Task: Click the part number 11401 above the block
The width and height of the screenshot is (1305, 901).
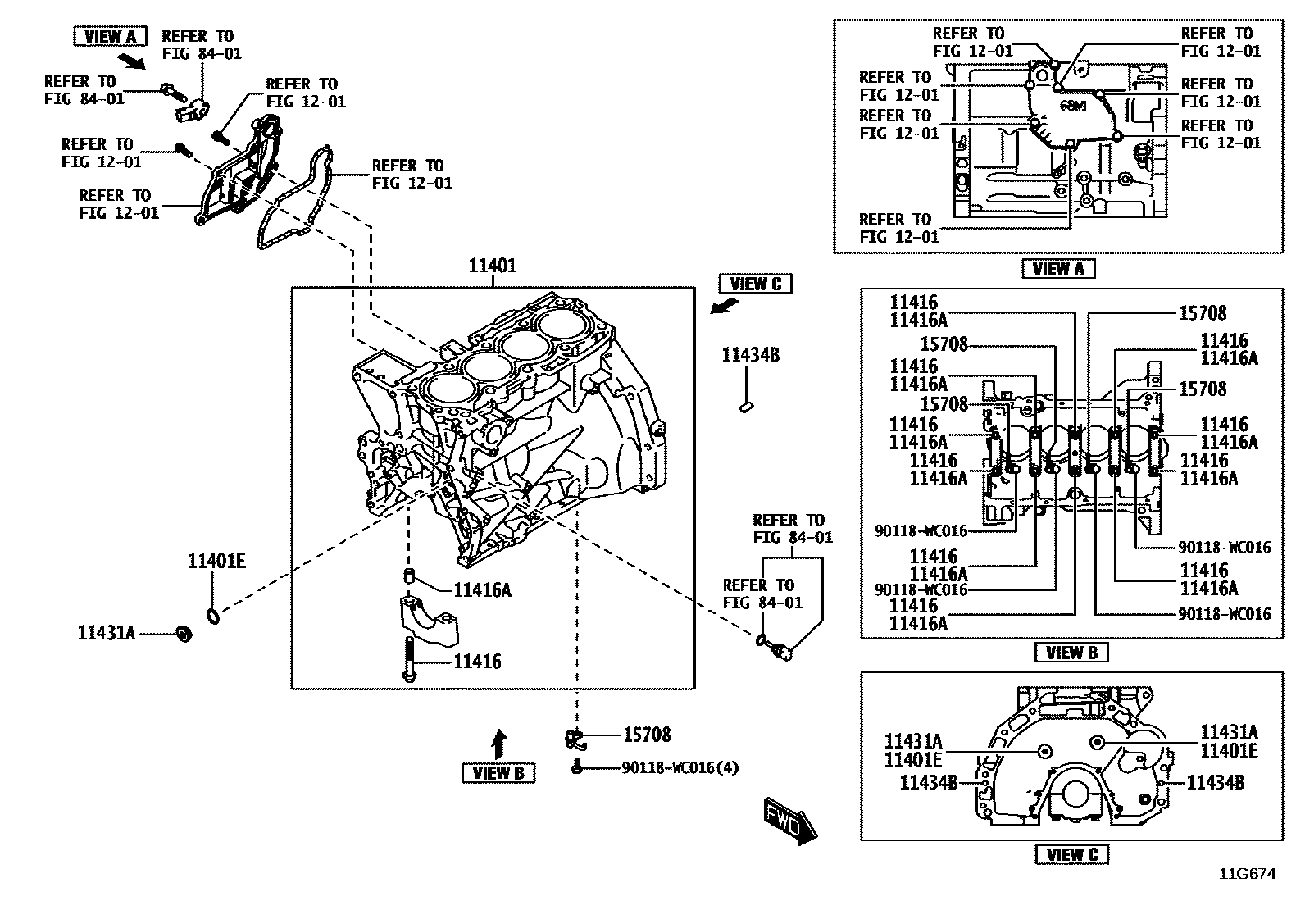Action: [492, 266]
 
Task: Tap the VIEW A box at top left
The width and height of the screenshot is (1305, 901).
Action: [110, 36]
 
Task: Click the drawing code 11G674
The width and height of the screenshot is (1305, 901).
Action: [1246, 874]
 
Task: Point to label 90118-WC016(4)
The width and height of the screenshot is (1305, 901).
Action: [680, 768]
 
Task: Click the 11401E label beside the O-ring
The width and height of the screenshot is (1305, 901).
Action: [216, 562]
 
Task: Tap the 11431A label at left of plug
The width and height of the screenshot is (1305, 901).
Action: [107, 633]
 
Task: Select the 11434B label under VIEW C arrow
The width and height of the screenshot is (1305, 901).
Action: [750, 355]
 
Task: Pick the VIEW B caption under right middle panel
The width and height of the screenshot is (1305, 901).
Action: [1071, 653]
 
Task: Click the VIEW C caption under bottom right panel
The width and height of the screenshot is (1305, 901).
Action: [1071, 854]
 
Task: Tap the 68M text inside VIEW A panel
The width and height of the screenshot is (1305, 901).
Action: [1071, 106]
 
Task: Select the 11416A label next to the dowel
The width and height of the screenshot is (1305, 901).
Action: [482, 589]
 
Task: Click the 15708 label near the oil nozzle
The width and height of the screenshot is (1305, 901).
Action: [646, 735]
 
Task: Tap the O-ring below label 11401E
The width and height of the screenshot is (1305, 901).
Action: [211, 615]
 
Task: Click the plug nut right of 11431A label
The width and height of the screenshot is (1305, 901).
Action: [184, 633]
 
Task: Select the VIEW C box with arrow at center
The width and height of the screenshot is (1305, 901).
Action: [755, 284]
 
